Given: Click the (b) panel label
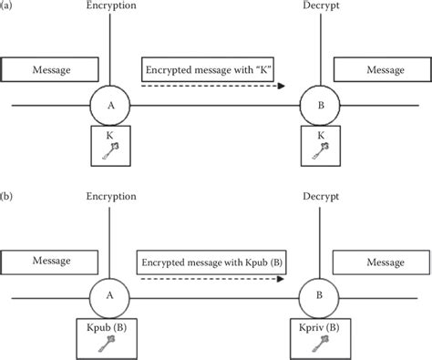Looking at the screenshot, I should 8,194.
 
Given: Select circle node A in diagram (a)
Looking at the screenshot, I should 109,106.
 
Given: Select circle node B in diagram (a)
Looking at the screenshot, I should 319,106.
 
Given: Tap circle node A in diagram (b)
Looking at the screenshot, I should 109,296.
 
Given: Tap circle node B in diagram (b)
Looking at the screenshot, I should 319,296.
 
